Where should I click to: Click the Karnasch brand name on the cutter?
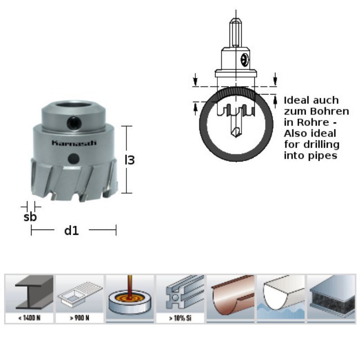point(74,143)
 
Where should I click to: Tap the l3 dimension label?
point(130,160)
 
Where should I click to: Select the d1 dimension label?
point(72,230)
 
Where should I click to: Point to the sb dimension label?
point(30,217)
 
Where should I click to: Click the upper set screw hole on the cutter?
point(74,123)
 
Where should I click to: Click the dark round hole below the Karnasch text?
point(74,158)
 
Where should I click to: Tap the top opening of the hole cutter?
point(73,105)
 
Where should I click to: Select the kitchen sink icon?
point(80,294)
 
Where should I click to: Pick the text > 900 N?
point(80,318)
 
